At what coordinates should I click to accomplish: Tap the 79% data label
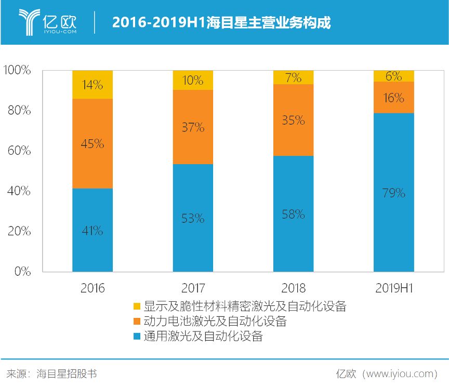click(393, 193)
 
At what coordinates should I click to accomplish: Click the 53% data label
click(193, 218)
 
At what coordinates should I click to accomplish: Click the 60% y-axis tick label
click(20, 151)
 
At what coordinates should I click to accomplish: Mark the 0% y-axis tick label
click(22, 272)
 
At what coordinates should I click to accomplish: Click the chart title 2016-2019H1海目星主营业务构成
click(221, 23)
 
